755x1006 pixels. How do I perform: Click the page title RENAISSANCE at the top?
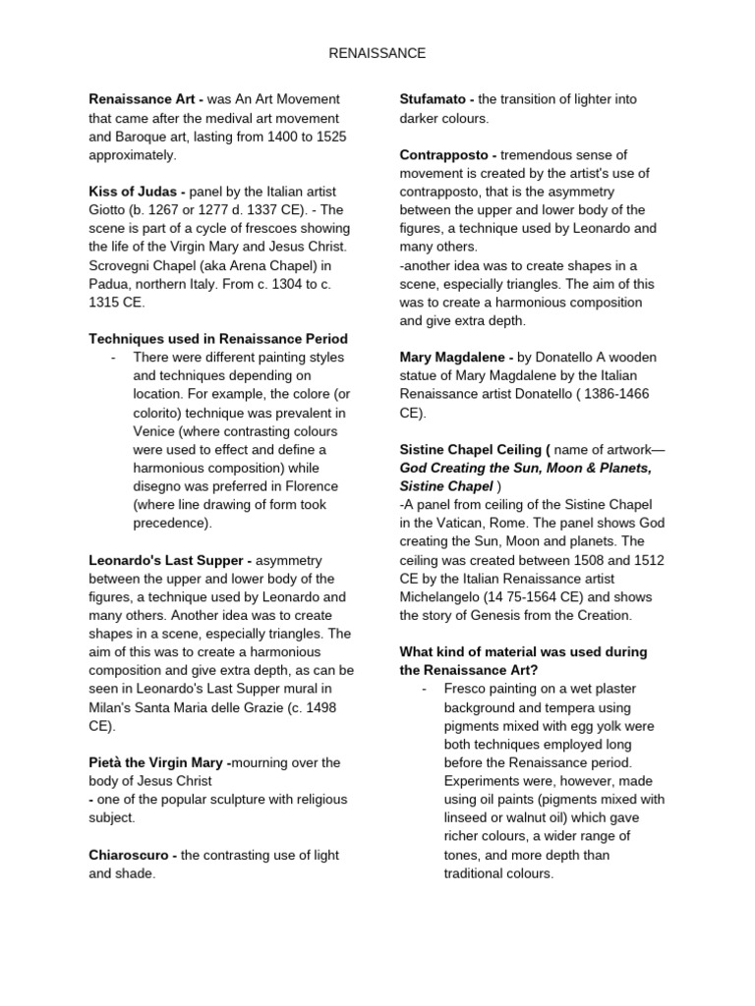coord(377,53)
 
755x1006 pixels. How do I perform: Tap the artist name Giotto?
coord(108,210)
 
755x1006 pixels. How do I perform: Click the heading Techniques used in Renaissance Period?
coord(217,339)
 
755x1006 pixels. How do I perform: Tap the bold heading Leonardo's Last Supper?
coord(167,560)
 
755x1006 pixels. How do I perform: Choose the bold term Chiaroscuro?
coord(132,855)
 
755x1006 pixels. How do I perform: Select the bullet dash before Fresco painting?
coord(423,689)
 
